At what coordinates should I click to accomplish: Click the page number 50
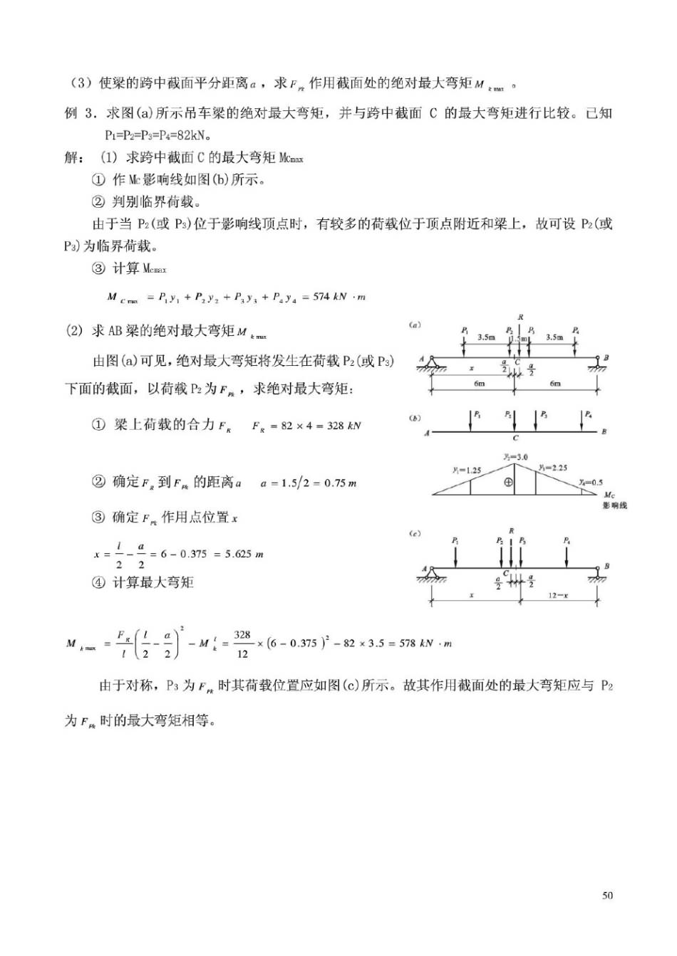tap(607, 895)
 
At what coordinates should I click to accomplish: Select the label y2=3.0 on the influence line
tap(515, 457)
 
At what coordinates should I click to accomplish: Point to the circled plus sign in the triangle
tap(508, 482)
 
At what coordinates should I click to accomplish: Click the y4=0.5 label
tap(591, 482)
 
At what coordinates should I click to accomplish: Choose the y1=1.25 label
tap(466, 471)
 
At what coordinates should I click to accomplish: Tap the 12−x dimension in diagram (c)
tap(559, 595)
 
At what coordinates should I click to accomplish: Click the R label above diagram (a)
tap(521, 317)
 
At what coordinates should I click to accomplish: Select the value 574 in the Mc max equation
tap(322, 297)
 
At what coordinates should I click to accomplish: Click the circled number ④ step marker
tap(98, 582)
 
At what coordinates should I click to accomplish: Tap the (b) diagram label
tap(415, 418)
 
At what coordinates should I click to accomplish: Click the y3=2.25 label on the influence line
tap(553, 468)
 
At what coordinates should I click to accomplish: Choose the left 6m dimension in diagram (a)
tap(479, 383)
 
